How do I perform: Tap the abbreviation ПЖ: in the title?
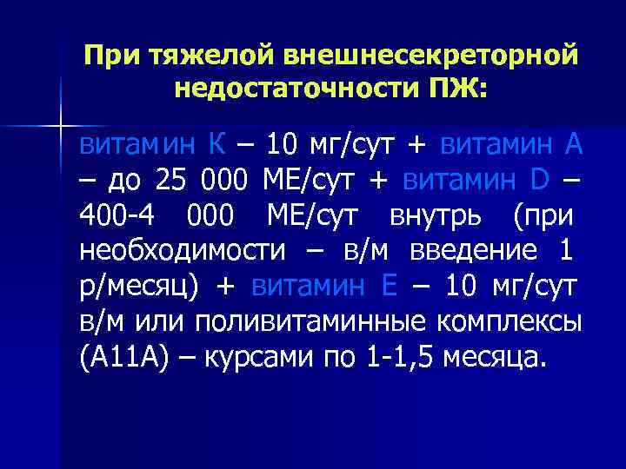tap(455, 88)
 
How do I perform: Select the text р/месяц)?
tap(140, 287)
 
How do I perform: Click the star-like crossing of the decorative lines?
tap(61, 127)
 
